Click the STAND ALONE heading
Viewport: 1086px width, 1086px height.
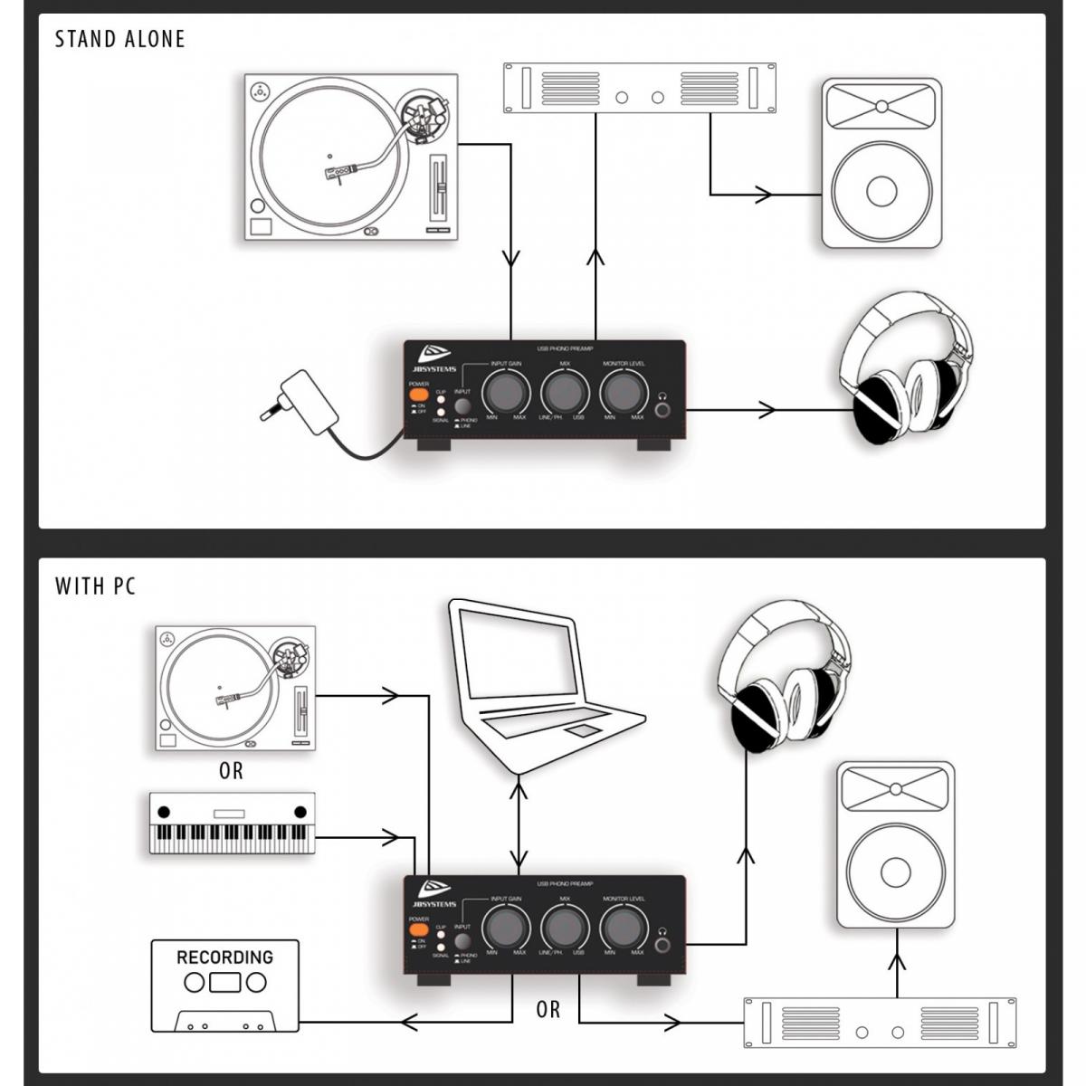pos(119,39)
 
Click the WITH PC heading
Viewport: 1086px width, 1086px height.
pos(95,586)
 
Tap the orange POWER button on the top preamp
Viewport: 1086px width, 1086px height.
pos(418,395)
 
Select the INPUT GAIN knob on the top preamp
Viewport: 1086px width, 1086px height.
pos(505,392)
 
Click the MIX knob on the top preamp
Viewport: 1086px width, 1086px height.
pos(564,392)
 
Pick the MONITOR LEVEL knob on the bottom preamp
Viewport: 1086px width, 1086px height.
pos(623,927)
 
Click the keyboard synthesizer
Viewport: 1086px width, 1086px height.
pos(232,824)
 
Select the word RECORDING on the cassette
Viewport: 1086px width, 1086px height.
pos(224,957)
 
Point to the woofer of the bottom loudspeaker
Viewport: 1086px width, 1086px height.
pos(894,872)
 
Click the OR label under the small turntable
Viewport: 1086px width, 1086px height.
pos(231,771)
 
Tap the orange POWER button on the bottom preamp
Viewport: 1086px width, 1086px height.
pos(418,929)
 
